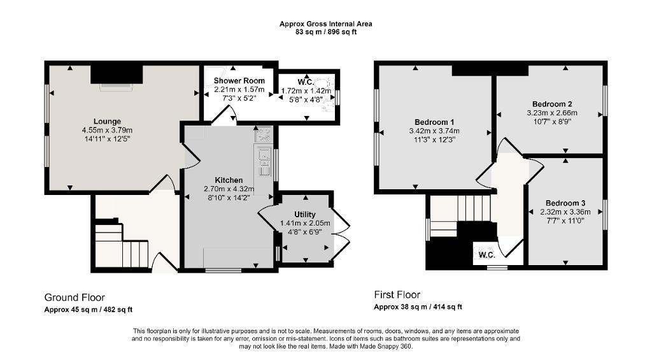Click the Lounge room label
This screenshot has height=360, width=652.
point(107,122)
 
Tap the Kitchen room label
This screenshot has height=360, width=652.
point(229,180)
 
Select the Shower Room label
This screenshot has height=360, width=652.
point(239,81)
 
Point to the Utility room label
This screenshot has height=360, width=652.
point(305,215)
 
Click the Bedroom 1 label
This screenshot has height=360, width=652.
point(434,122)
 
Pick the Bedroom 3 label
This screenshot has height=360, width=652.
point(565,203)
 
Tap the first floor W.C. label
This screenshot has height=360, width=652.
point(486,255)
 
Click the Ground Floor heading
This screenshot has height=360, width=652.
point(74,298)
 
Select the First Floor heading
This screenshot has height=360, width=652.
point(397,294)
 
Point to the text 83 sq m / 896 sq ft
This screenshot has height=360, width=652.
point(325,32)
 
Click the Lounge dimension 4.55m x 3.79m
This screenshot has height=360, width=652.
point(107,130)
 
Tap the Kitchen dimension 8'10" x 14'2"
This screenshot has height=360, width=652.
point(229,198)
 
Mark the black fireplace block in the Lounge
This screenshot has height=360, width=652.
point(117,74)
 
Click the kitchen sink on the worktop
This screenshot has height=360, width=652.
point(264,160)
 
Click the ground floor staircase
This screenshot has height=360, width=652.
point(122,245)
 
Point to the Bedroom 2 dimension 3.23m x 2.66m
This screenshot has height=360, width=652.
point(552,113)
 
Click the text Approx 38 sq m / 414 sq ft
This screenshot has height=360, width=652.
point(418,307)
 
